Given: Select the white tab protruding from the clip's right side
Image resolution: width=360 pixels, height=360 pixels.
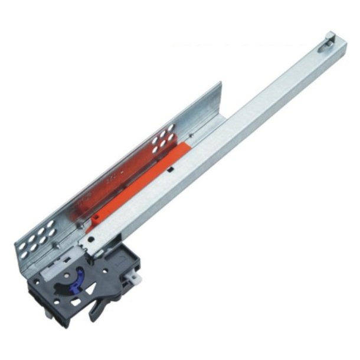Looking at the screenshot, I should (x=136, y=273).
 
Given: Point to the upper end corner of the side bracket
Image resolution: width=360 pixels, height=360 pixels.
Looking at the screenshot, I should (x=220, y=84).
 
